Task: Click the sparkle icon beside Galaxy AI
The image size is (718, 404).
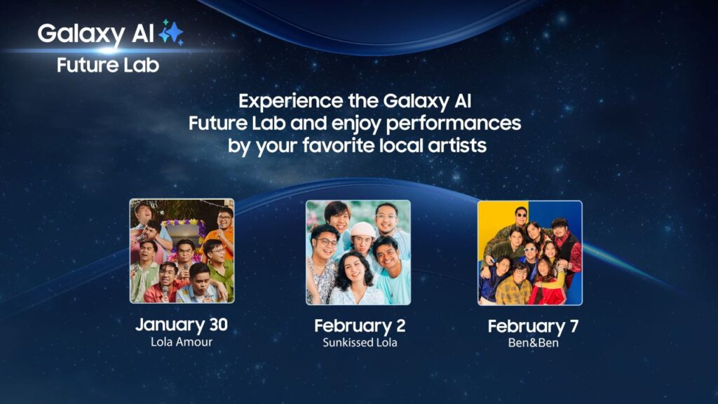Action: (x=171, y=32)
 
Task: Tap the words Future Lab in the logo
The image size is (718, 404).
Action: (x=108, y=65)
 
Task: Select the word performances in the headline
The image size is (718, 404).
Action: (x=454, y=123)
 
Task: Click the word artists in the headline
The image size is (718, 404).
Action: (x=457, y=146)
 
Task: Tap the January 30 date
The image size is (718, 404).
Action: (x=182, y=325)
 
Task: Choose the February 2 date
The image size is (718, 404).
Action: (x=360, y=326)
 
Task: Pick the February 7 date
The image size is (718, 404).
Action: (x=533, y=327)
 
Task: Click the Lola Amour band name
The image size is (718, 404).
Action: (x=182, y=342)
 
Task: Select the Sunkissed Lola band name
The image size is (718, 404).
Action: (x=360, y=342)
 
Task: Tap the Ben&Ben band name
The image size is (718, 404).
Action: (x=533, y=343)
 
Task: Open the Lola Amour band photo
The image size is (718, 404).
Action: (x=182, y=250)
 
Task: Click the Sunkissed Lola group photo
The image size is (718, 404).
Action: (x=358, y=252)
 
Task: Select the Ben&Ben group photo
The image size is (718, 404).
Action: (x=530, y=252)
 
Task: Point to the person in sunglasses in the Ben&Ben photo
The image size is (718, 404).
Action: (x=521, y=219)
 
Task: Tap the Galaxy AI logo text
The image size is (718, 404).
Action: (x=95, y=34)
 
